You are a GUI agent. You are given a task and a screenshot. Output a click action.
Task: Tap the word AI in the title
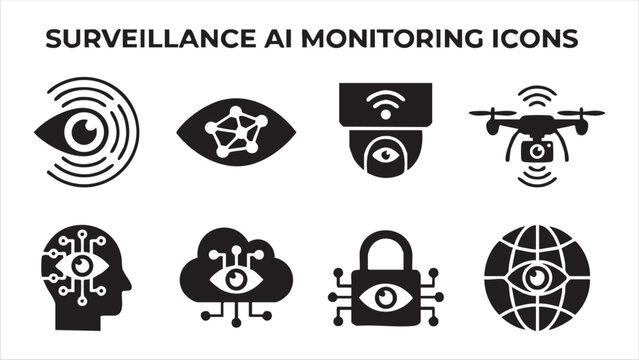tap(274, 39)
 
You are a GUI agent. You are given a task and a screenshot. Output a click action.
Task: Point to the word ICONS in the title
tap(536, 39)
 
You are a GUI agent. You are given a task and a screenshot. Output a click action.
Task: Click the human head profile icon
tap(85, 269)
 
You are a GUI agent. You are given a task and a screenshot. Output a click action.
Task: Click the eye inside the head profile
tap(84, 268)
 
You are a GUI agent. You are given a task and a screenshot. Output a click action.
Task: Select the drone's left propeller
tap(493, 113)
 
